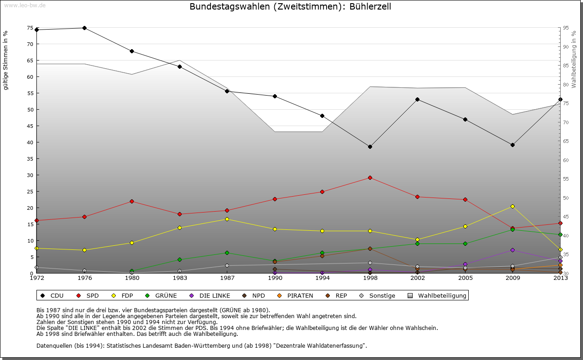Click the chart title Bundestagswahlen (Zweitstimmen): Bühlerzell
click(290, 7)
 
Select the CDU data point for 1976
click(84, 28)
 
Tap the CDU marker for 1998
click(370, 147)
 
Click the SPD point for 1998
click(370, 177)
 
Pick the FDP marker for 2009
click(512, 206)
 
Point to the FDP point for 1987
click(227, 219)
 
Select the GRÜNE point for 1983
click(179, 259)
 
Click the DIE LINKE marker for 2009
click(512, 250)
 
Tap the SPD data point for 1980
click(132, 201)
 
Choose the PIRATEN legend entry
click(296, 295)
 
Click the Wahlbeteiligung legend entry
click(438, 295)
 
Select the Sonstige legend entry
click(378, 295)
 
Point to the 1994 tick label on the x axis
click(322, 278)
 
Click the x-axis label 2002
click(417, 278)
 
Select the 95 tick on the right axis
click(565, 28)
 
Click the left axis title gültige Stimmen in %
click(6, 61)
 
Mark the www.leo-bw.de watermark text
click(25, 5)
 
